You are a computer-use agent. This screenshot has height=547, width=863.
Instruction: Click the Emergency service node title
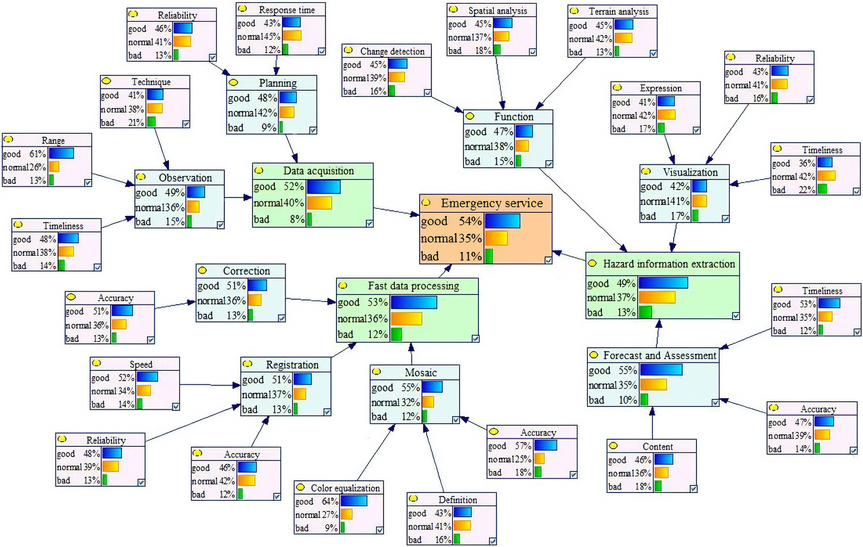[x=492, y=203]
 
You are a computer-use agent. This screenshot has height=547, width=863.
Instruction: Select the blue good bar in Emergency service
[x=502, y=221]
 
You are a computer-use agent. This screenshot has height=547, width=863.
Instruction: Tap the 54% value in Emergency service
[x=471, y=221]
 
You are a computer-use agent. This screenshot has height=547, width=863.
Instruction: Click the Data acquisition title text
[x=318, y=171]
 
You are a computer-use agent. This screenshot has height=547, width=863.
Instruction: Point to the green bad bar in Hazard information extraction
[x=645, y=312]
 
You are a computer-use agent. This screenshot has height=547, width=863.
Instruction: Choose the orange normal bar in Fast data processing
[x=406, y=319]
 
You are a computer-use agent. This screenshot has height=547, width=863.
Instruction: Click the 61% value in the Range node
[x=38, y=154]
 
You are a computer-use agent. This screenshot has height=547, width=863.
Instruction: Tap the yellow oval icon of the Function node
[x=470, y=116]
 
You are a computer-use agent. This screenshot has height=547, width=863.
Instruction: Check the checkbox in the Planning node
[x=313, y=130]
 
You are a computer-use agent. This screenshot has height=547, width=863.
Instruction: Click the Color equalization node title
[x=345, y=488]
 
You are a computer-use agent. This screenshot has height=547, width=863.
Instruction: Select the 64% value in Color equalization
[x=330, y=501]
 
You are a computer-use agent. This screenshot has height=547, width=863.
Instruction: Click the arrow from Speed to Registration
[x=209, y=385]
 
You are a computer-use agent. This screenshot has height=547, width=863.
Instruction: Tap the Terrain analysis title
[x=618, y=12]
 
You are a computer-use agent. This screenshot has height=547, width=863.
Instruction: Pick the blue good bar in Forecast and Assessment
[x=661, y=370]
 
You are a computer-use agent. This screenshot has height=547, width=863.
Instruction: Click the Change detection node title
[x=392, y=51]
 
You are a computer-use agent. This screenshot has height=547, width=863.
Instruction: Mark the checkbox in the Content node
[x=693, y=489]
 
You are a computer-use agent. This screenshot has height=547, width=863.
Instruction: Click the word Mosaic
[x=420, y=372]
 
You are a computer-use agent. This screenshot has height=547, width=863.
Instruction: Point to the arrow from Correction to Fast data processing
[x=311, y=300]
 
